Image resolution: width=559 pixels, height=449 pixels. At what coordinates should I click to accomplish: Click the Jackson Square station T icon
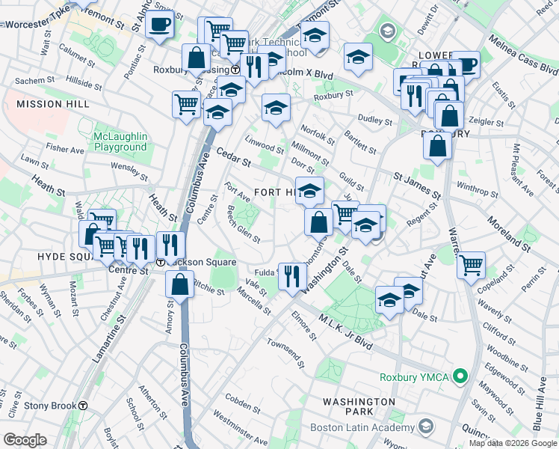(161, 262)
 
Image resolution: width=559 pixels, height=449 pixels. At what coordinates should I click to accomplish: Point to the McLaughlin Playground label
(121, 142)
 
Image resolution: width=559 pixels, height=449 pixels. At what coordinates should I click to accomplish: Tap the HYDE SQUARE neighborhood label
(35, 256)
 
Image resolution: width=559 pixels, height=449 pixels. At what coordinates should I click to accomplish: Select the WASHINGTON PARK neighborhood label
(359, 408)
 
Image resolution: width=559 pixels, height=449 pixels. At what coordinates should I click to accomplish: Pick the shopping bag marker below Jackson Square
(180, 285)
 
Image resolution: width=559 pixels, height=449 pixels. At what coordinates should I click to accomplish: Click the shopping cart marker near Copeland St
(471, 264)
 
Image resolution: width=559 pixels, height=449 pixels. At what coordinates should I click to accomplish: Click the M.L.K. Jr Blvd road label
(345, 331)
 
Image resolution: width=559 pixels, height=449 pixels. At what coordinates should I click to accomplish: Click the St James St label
(417, 184)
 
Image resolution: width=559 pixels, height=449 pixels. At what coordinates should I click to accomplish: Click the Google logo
(25, 440)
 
